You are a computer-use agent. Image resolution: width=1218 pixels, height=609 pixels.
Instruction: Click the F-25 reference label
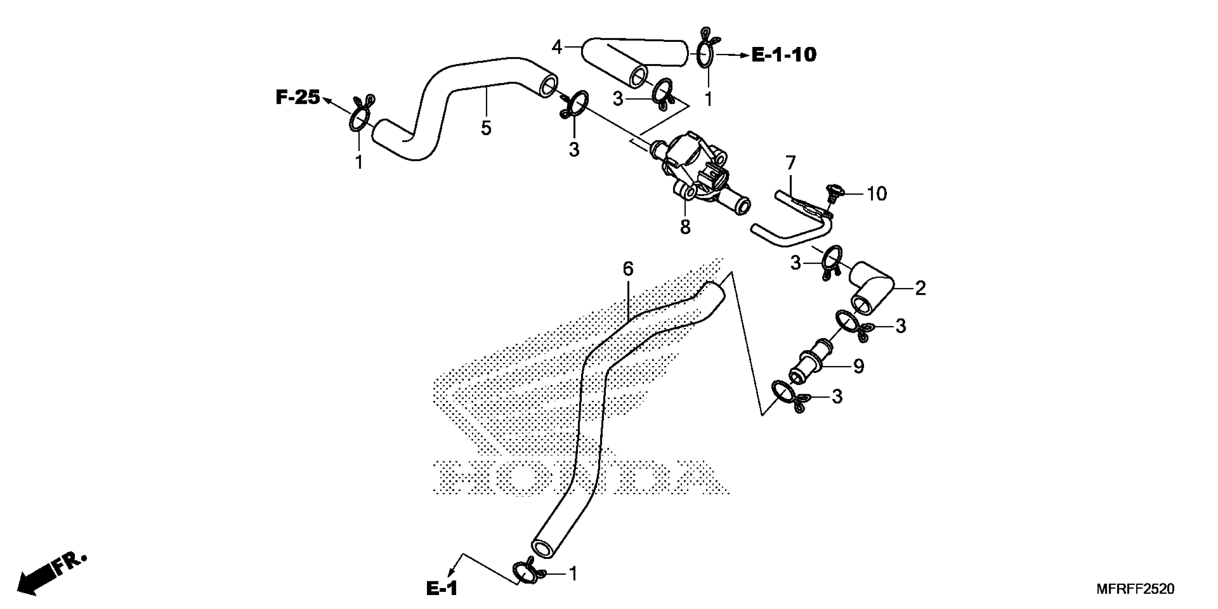298,97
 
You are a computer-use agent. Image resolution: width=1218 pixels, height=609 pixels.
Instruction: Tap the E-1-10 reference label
784,55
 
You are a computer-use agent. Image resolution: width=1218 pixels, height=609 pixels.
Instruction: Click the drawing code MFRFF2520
1135,589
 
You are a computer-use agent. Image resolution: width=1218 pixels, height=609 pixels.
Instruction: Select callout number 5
486,128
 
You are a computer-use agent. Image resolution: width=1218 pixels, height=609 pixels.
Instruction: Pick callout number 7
791,163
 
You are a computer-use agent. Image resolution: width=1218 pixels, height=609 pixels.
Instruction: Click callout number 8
685,227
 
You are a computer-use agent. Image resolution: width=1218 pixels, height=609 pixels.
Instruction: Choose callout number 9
859,366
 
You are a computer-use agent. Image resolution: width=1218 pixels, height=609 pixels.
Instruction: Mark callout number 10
877,194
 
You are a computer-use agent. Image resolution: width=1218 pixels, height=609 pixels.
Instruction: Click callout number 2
920,288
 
